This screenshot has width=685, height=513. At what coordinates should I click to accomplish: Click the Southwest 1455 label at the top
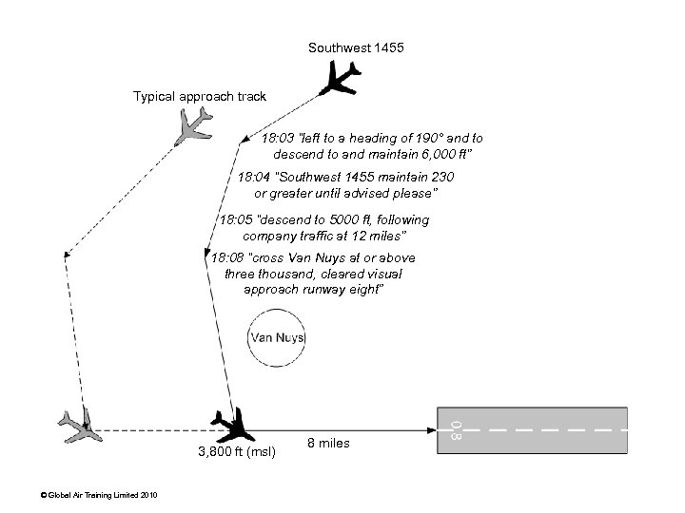[x=356, y=47]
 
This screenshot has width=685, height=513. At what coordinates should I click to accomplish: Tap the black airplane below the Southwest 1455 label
[x=340, y=78]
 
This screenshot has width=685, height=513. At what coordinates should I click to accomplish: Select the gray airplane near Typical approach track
[x=192, y=124]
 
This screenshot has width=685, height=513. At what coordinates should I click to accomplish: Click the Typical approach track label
[x=200, y=96]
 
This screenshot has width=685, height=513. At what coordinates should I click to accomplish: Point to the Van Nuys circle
[x=276, y=338]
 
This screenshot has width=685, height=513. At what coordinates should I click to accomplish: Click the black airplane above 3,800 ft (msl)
[x=230, y=423]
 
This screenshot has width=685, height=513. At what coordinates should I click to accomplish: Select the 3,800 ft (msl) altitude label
[x=237, y=452]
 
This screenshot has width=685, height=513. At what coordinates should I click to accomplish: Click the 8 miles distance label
[x=328, y=444]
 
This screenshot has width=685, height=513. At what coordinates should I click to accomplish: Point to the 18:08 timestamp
[x=228, y=257]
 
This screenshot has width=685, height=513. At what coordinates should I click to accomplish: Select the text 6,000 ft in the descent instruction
[x=441, y=153]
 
